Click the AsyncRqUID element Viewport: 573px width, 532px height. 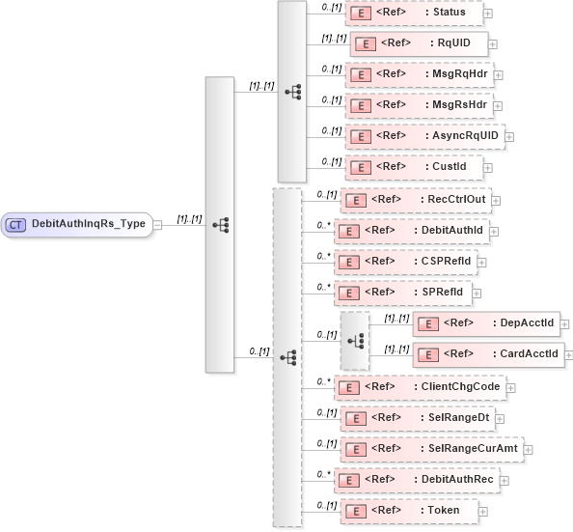click(x=423, y=136)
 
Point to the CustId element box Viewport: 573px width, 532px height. click(x=415, y=167)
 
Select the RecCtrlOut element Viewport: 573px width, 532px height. click(x=416, y=200)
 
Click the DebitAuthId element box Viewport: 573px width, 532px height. click(x=415, y=231)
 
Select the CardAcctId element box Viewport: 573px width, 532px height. click(x=488, y=354)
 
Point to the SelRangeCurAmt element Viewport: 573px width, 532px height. click(x=430, y=449)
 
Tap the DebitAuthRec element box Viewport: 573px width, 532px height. click(x=416, y=480)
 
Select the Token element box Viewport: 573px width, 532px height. click(x=409, y=510)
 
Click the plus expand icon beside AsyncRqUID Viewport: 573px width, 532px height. click(x=510, y=137)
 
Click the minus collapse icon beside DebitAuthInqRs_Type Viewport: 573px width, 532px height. click(x=157, y=225)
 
